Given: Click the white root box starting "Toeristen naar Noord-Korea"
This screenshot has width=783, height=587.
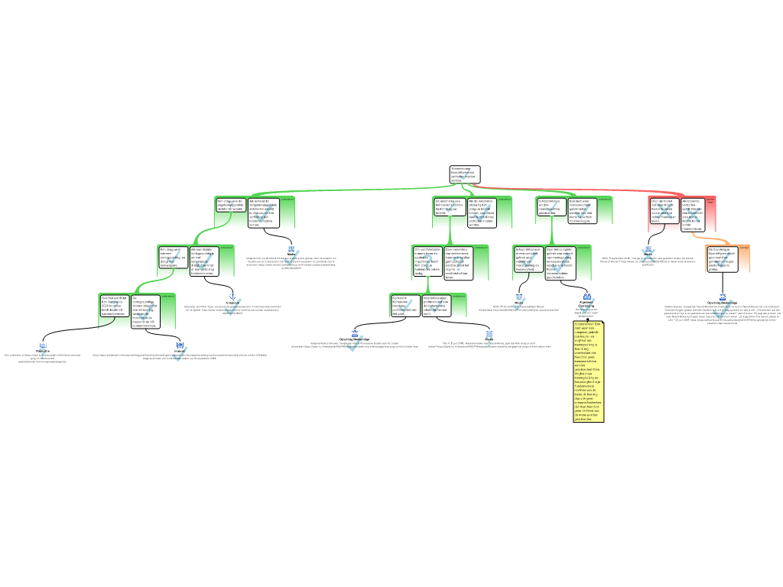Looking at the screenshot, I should click(465, 174).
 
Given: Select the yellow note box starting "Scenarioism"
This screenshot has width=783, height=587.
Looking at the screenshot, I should click(589, 371).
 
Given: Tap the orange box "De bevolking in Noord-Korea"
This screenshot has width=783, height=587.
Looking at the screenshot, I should click(723, 259).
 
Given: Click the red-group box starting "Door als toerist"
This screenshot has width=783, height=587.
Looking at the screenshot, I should click(664, 211).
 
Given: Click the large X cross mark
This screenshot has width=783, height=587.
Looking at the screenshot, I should click(648, 256).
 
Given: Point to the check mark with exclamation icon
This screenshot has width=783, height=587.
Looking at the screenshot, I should click(232, 306).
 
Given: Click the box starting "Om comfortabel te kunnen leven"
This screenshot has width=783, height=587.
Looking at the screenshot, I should click(427, 261).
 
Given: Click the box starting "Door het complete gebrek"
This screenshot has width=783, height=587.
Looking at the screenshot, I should click(561, 262).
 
